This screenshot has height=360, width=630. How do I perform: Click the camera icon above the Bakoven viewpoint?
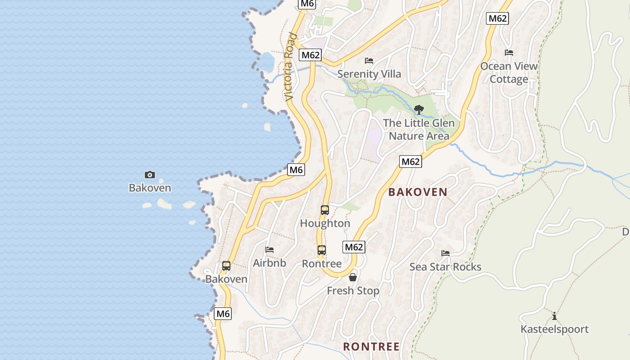click(150, 175)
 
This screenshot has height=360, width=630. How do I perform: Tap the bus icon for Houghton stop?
click(324, 210)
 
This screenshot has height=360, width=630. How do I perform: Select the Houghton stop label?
click(325, 223)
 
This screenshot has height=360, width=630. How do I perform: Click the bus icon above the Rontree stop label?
click(321, 250)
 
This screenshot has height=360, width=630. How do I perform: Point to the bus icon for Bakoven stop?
click(226, 266)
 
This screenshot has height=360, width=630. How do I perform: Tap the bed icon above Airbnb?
click(270, 249)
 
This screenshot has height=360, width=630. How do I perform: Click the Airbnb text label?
click(270, 263)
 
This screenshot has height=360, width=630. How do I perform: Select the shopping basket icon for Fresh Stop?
click(353, 277)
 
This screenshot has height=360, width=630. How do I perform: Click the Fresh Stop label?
click(353, 291)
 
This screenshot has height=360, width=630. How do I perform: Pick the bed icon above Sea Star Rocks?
click(445, 253)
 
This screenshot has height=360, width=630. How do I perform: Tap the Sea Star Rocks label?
click(445, 267)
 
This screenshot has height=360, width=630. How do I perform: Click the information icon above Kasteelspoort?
click(554, 316)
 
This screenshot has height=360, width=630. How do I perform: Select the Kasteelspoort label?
click(554, 329)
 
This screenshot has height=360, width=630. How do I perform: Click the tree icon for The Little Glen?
click(418, 109)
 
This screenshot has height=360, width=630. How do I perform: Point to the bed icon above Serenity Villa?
click(369, 60)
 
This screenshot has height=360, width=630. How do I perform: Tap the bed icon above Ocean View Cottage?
click(509, 53)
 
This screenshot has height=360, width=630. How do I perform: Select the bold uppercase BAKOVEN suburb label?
click(418, 192)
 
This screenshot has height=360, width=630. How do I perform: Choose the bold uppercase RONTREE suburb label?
click(371, 346)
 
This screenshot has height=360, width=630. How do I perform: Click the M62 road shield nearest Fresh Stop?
click(354, 247)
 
